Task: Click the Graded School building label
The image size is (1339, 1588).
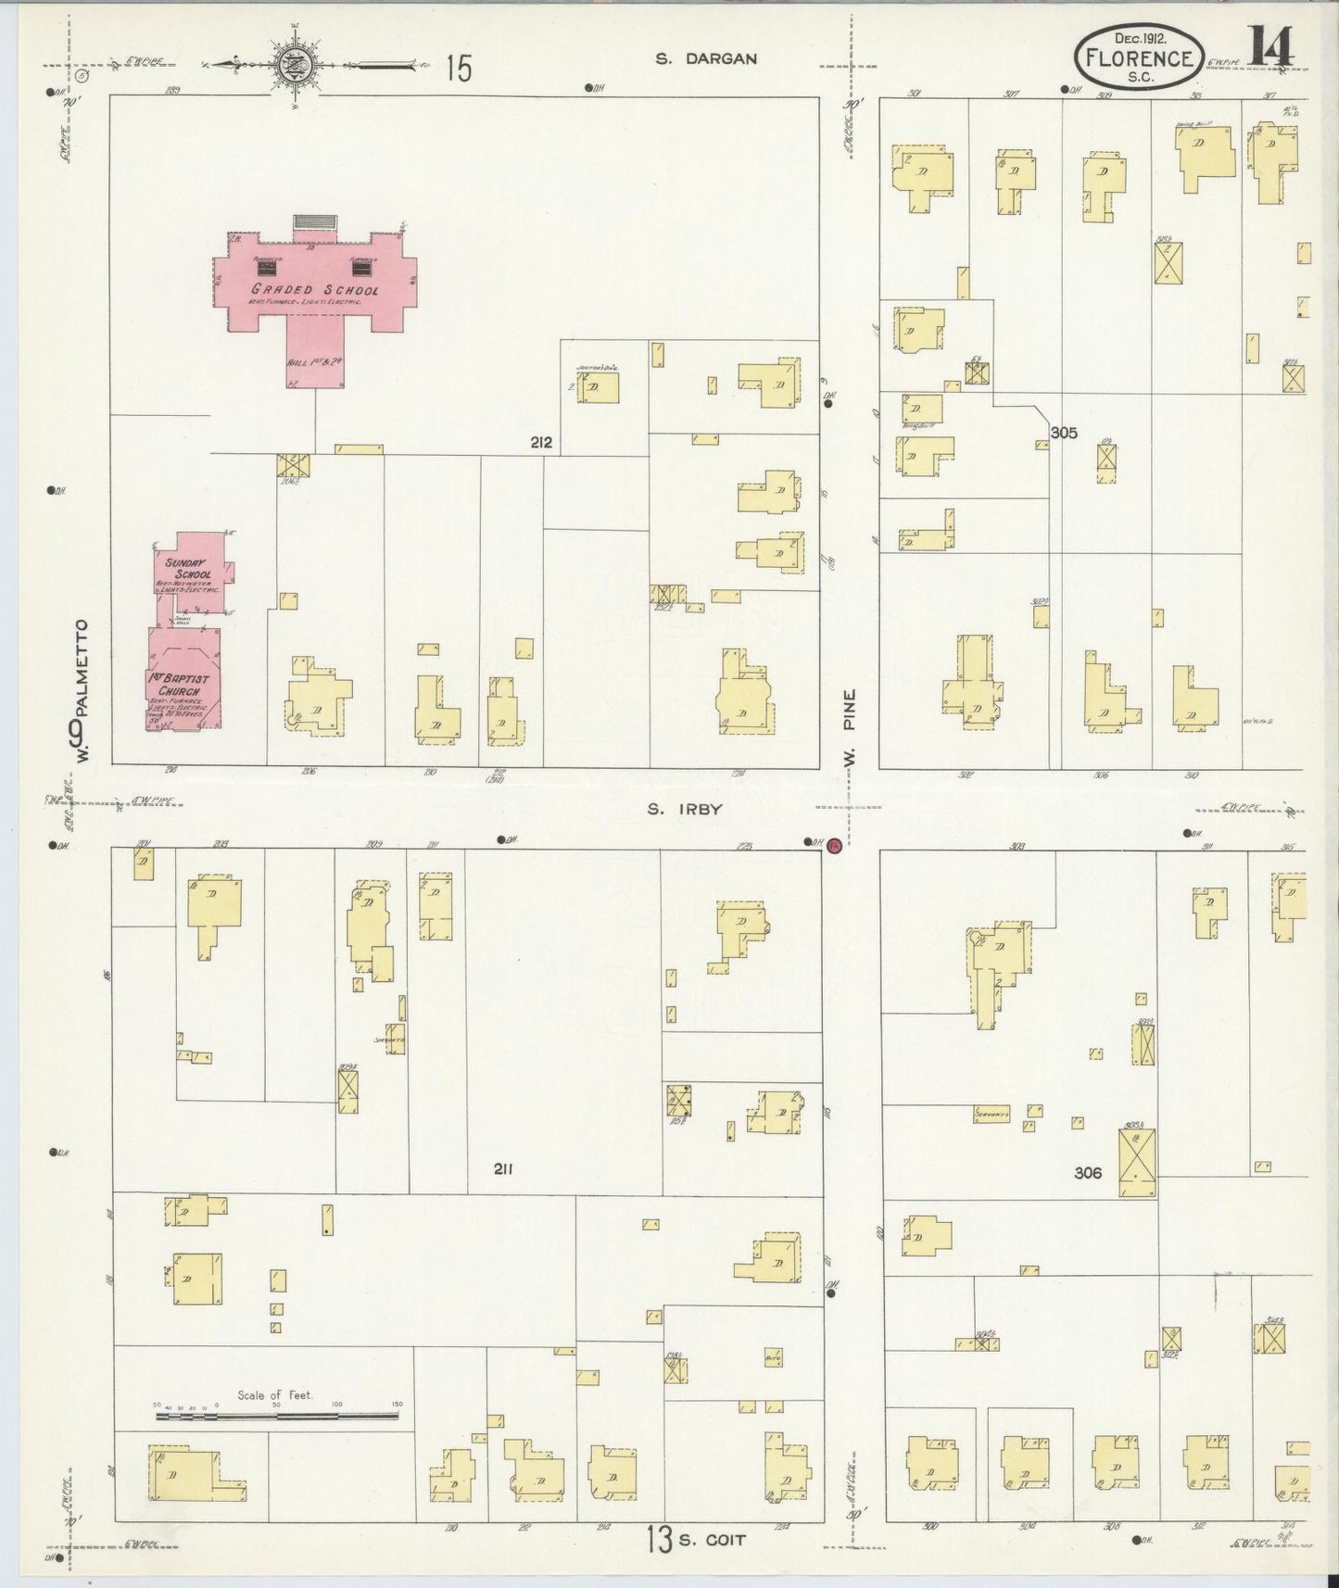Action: [x=315, y=290]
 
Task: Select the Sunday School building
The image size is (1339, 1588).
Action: [x=190, y=573]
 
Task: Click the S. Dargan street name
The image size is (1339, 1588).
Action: [x=706, y=58]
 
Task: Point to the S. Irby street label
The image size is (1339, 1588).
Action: [x=684, y=809]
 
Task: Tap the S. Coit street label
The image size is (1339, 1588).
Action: [x=711, y=1539]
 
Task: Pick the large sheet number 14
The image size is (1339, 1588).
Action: [x=1270, y=47]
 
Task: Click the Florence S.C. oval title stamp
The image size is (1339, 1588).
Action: [x=1141, y=58]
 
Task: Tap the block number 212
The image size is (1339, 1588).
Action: [x=541, y=443]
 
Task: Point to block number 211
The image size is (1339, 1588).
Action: [x=502, y=1169]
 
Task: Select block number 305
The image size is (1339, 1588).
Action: [x=1064, y=432]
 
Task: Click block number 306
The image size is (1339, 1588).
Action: [x=1088, y=1173]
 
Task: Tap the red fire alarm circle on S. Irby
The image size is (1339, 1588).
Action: [x=833, y=844]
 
